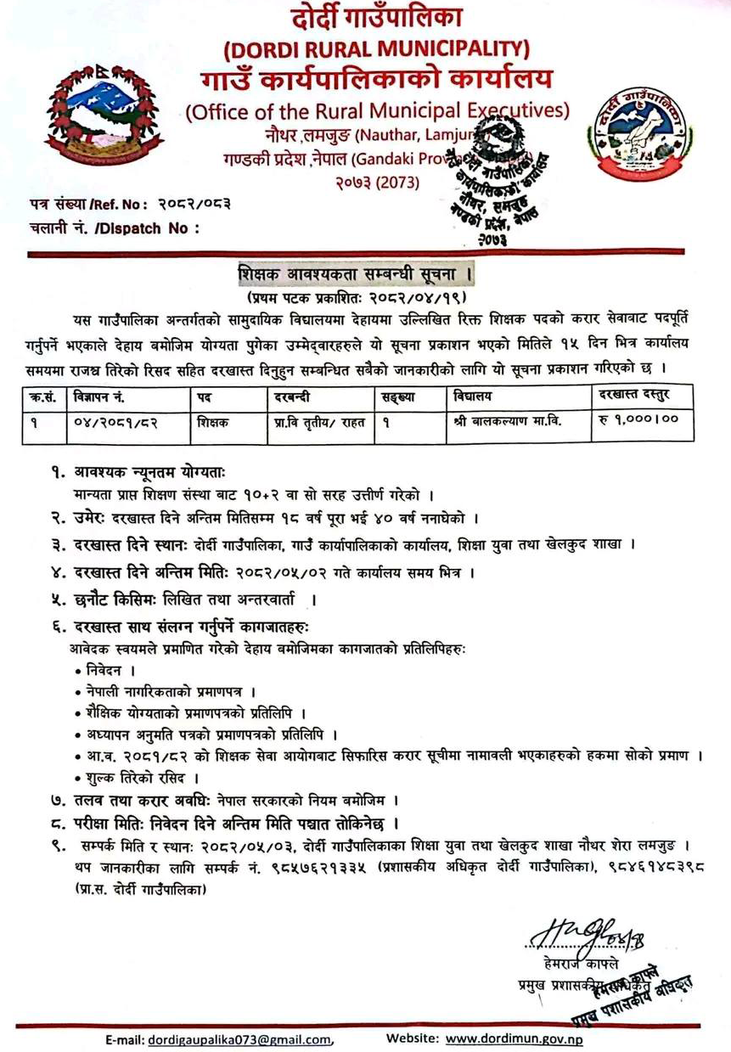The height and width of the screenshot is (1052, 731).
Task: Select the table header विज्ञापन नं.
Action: coord(100,397)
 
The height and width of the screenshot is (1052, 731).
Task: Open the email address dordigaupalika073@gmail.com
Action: coord(240,1039)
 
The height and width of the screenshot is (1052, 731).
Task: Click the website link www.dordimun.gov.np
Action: coord(515,1038)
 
